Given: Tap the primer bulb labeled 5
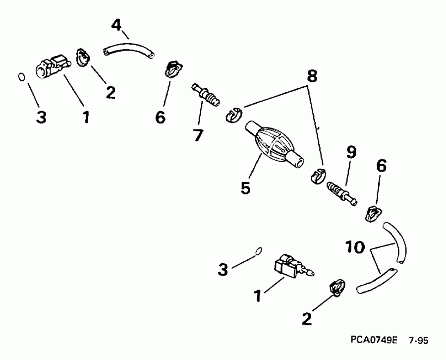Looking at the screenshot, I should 274,143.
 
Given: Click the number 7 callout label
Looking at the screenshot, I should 198,134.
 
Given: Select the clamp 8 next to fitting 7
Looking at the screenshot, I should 232,115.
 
